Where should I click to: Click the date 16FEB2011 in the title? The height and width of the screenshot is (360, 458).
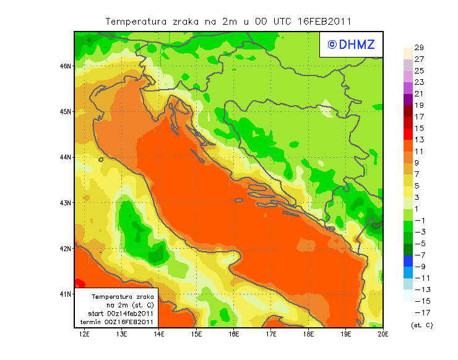pos(324,21)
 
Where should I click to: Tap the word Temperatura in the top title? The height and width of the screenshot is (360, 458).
pos(132,21)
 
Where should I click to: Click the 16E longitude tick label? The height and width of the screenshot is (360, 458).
pos(234,335)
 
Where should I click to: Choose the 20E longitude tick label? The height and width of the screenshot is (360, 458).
pos(383,335)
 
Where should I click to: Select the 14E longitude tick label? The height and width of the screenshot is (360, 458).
pos(159,335)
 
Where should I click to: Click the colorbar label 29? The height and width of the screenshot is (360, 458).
pos(419,48)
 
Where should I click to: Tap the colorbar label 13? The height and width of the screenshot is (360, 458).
pos(419,140)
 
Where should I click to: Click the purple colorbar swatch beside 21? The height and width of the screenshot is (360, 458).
pos(407,100)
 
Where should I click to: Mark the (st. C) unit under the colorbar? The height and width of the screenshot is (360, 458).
pos(421,325)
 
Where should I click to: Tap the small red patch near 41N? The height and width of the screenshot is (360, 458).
pos(79,283)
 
